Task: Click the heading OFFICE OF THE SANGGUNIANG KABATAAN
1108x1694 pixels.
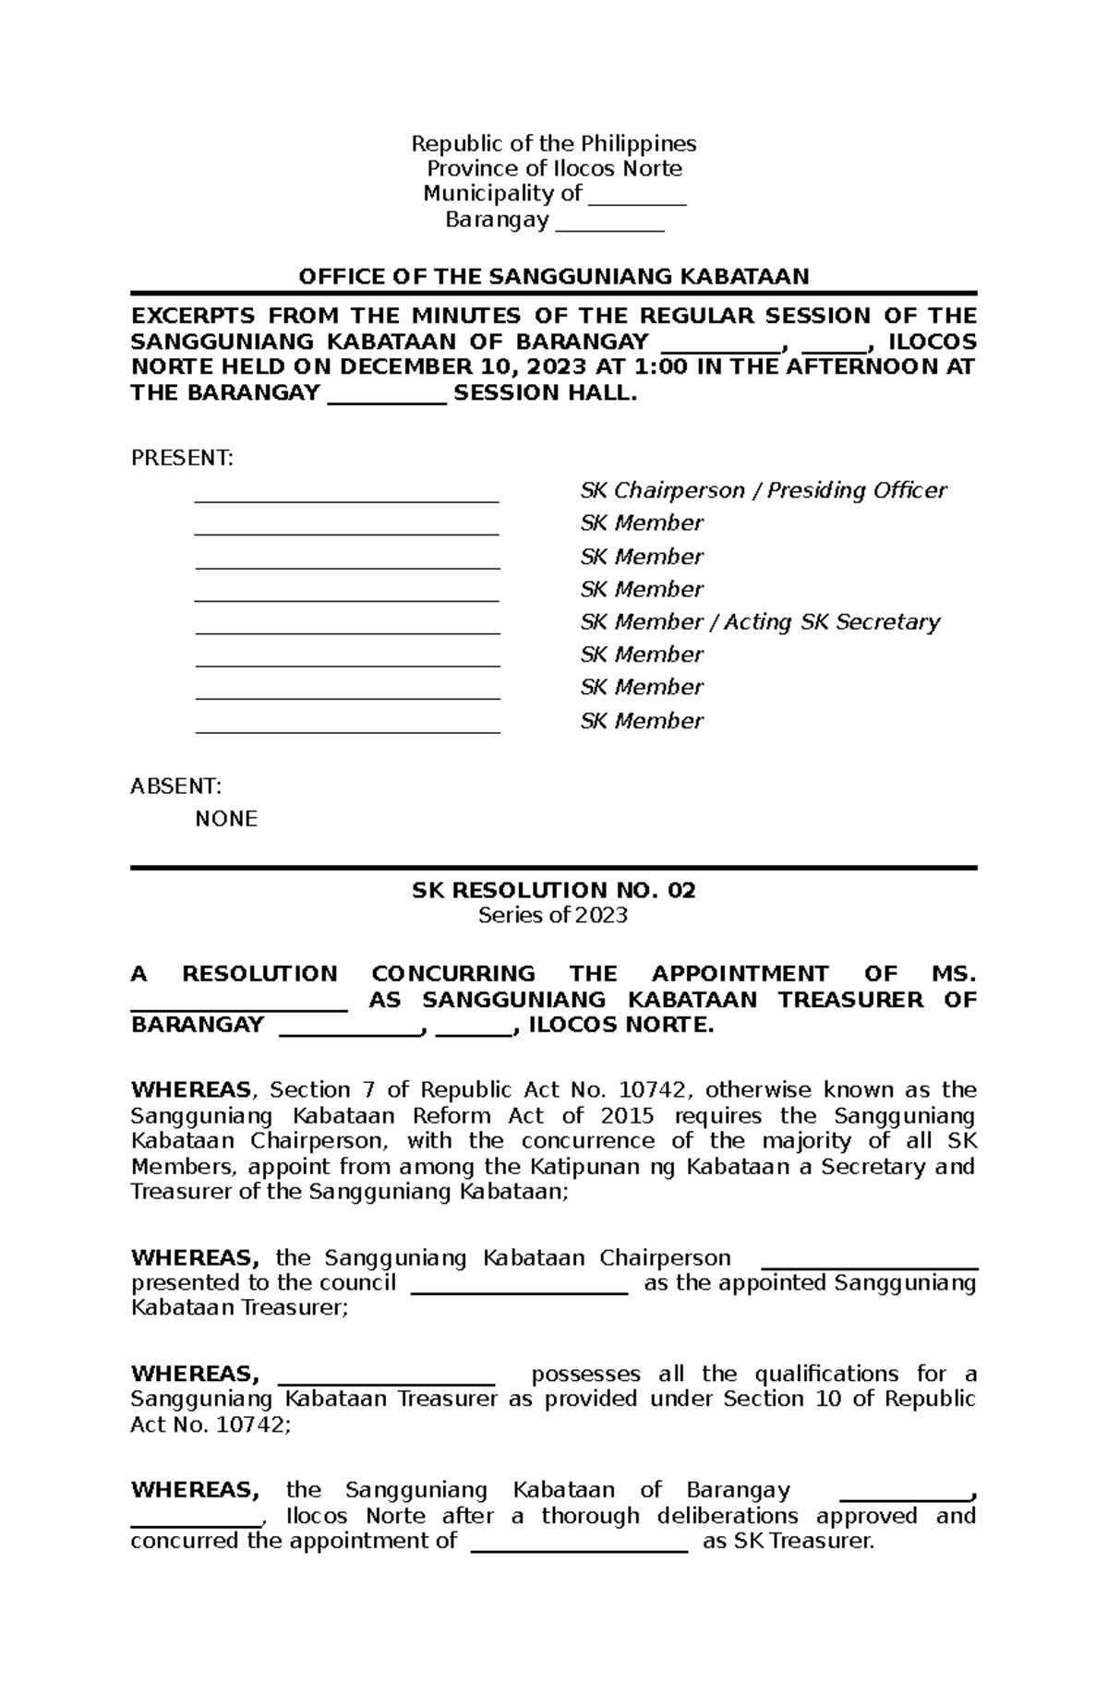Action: pos(553,276)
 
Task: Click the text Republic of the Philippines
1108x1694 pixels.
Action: pos(553,143)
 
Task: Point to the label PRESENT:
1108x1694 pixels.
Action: pos(182,458)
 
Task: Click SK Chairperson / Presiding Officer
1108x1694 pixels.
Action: pos(763,490)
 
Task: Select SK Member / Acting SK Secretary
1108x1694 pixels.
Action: pos(759,622)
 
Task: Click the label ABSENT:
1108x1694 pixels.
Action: pos(175,786)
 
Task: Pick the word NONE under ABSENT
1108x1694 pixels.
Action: pos(226,819)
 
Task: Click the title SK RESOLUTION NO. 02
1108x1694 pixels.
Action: pos(553,890)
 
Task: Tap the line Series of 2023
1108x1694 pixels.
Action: pos(553,915)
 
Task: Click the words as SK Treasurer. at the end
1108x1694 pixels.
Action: pos(788,1541)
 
